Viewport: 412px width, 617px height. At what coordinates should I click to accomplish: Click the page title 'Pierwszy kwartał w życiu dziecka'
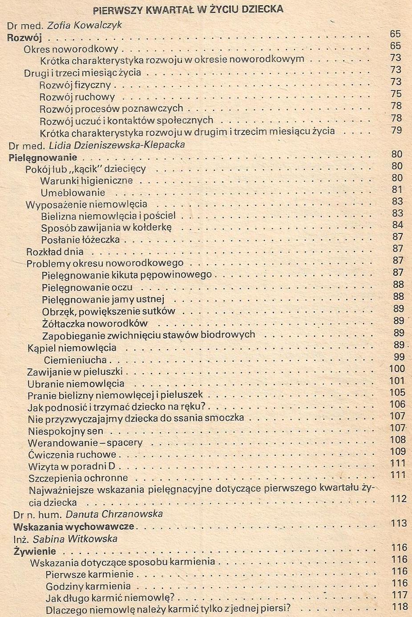[188, 9]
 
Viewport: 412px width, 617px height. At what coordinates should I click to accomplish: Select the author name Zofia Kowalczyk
[85, 25]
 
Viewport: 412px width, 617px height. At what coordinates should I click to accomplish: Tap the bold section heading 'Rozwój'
[24, 37]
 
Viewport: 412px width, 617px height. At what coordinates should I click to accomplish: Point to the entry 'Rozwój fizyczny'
[75, 85]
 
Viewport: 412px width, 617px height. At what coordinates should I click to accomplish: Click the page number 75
[396, 94]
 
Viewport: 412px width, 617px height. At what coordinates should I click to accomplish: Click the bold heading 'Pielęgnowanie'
[43, 157]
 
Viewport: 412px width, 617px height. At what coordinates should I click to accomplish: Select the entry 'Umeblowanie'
[73, 193]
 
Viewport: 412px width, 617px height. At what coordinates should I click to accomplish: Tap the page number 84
[397, 225]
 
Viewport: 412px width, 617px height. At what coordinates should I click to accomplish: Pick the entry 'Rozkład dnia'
[55, 252]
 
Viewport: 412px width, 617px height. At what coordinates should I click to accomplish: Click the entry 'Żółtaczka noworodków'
[95, 323]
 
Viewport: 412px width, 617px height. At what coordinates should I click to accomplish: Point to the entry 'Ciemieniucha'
[75, 360]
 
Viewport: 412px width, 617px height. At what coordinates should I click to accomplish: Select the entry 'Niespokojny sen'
[65, 431]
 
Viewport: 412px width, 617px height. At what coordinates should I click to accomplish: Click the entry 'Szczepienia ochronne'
[78, 478]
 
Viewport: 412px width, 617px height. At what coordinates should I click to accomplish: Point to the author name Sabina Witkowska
[75, 539]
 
